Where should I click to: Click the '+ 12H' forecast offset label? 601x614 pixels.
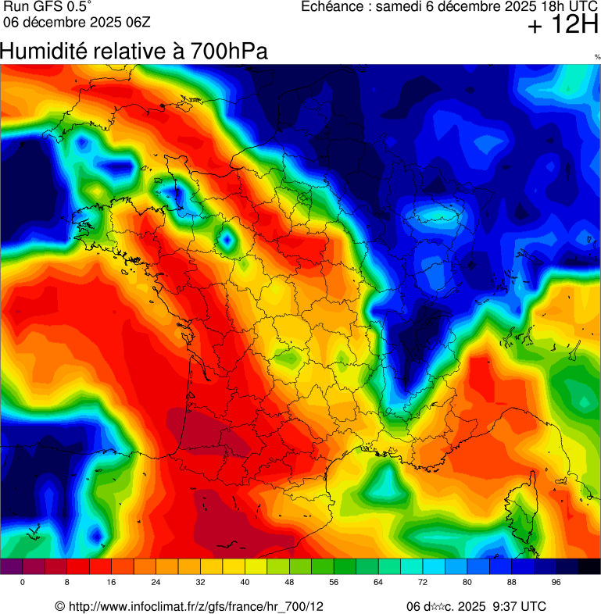[x=563, y=26]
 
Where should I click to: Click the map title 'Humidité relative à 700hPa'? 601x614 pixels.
[x=134, y=52]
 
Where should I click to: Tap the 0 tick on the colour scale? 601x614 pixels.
[x=23, y=583]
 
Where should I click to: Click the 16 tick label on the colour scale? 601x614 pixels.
[x=112, y=583]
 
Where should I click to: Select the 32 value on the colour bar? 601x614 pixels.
[x=201, y=583]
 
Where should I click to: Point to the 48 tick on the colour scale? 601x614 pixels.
[x=290, y=583]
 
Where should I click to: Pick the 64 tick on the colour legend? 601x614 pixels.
[x=379, y=583]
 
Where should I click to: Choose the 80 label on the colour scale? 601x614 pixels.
[x=467, y=583]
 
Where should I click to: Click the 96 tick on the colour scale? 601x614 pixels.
[x=556, y=583]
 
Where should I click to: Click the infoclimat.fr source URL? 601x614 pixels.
[x=196, y=607]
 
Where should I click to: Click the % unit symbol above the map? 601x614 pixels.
[x=597, y=57]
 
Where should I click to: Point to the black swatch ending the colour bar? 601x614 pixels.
[x=589, y=567]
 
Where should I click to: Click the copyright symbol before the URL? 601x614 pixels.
[x=60, y=607]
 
